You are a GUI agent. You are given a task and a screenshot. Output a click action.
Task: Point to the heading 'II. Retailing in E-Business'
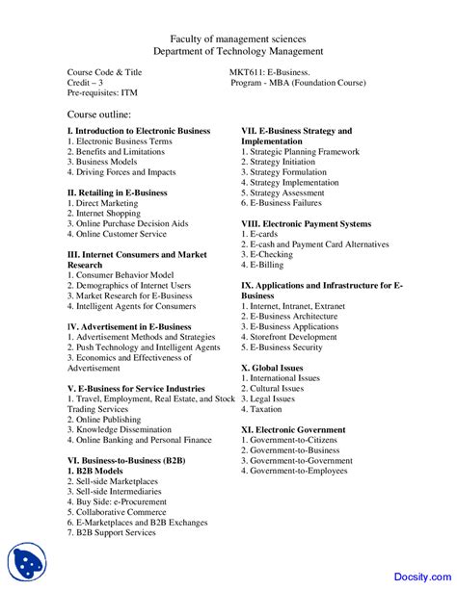pyautogui.click(x=117, y=192)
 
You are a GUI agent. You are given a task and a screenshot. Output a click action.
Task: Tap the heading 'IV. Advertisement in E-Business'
pyautogui.click(x=129, y=326)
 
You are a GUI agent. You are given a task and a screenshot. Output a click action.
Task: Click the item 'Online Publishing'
pyautogui.click(x=107, y=419)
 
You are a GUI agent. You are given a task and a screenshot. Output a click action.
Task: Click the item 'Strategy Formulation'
pyautogui.click(x=294, y=171)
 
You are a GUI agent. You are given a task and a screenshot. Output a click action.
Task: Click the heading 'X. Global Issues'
pyautogui.click(x=272, y=368)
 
